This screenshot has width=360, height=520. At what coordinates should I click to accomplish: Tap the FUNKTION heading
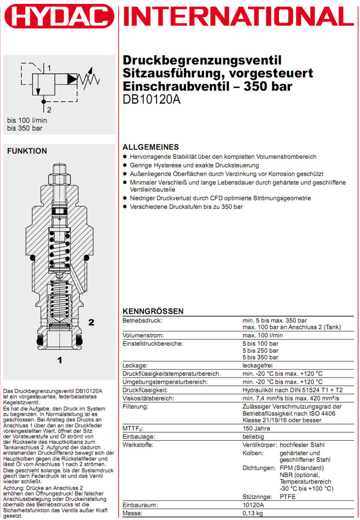27,151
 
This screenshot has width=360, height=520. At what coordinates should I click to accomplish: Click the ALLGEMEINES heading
151,147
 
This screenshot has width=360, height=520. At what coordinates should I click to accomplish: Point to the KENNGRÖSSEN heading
153,311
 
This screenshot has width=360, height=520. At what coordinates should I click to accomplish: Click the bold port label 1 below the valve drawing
60,359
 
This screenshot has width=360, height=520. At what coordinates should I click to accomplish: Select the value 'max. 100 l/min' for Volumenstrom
263,335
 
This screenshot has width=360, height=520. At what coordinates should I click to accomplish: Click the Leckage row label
135,366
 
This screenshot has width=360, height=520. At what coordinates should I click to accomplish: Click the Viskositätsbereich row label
148,398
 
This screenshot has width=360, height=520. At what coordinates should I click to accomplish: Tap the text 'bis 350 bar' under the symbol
24,128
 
